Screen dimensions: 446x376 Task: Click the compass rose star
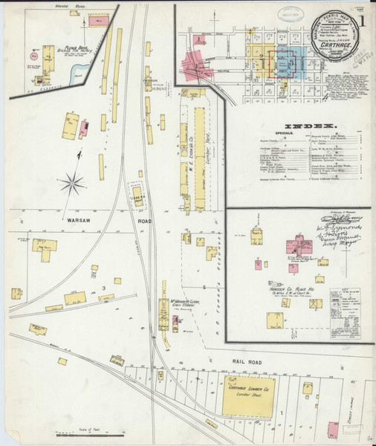tap(73, 180)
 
